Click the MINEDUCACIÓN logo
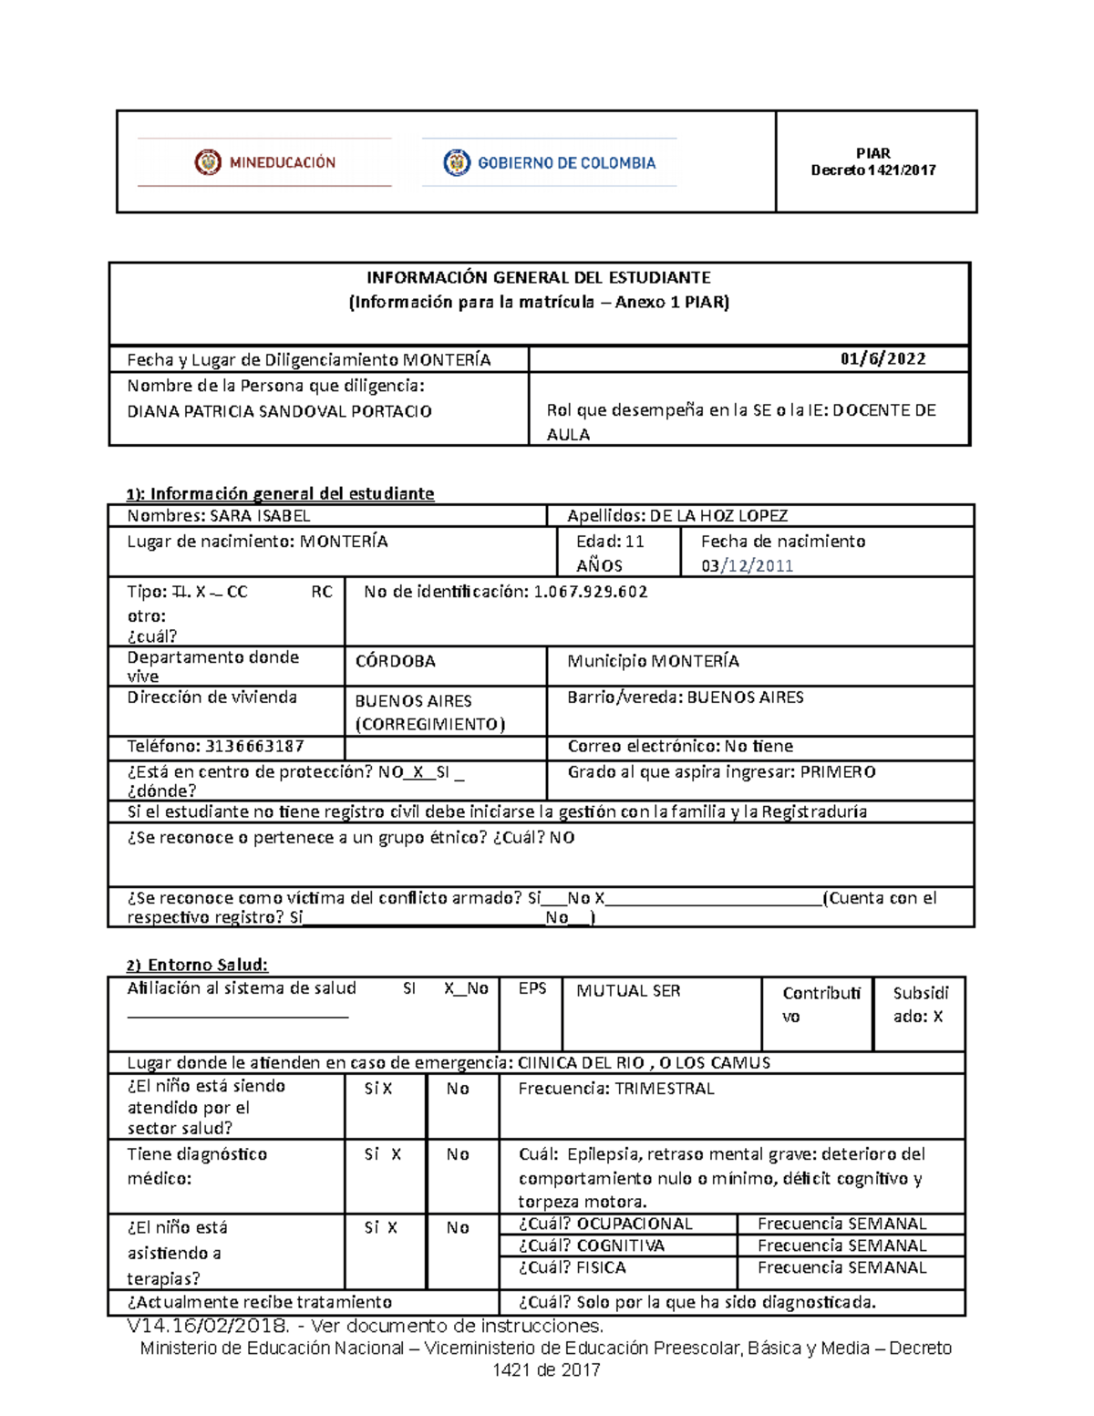[264, 162]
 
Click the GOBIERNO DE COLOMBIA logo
[550, 163]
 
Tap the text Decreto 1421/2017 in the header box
[873, 171]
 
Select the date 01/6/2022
[882, 359]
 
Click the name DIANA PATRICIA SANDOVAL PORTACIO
[279, 411]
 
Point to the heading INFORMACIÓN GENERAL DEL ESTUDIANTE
[538, 277]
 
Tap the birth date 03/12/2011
[747, 566]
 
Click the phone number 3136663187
[254, 746]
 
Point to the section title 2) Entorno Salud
[197, 965]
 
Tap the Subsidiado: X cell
[919, 1005]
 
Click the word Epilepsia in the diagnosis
[603, 1154]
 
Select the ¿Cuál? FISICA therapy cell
[573, 1268]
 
